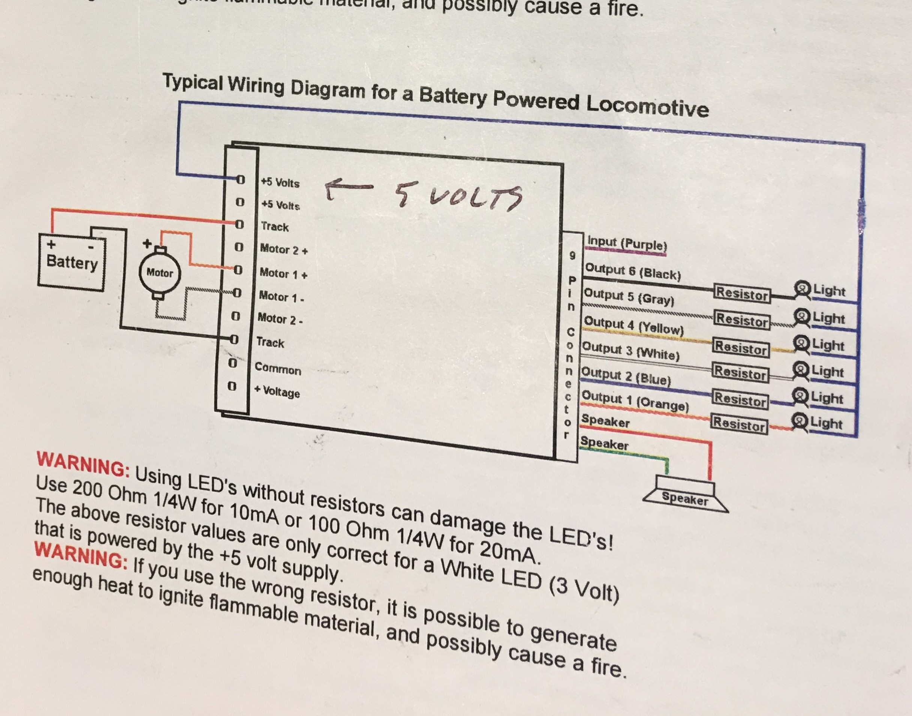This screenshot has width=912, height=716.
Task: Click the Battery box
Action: (71, 263)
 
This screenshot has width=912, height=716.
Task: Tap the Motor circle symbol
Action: (159, 273)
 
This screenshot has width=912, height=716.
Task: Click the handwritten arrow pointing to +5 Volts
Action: (348, 188)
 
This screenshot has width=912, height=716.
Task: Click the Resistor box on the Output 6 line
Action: (742, 293)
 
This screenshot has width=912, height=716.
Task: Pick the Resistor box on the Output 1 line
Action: (739, 424)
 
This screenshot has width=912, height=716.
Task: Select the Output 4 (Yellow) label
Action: (633, 326)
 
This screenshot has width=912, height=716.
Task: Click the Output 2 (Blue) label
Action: (626, 376)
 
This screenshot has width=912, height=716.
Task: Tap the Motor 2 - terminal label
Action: (280, 320)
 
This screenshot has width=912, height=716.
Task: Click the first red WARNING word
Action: (83, 464)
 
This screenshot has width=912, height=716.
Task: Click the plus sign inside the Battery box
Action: (51, 244)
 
